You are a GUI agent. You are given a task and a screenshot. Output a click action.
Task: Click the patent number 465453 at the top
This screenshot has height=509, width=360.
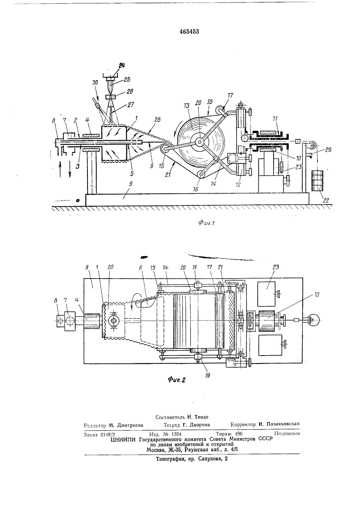pyautogui.click(x=189, y=32)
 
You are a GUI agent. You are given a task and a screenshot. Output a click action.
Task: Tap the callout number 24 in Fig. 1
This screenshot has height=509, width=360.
pyautogui.click(x=122, y=66)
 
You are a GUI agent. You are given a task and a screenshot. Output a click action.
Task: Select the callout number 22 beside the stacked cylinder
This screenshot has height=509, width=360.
pyautogui.click(x=326, y=201)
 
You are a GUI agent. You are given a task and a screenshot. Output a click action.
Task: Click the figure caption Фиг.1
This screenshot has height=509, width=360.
pyautogui.click(x=207, y=223)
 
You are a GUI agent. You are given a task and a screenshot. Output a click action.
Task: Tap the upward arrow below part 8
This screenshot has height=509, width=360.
pyautogui.click(x=60, y=168)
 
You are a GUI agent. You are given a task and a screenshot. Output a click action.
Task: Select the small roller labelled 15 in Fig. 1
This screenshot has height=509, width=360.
pyautogui.click(x=164, y=149)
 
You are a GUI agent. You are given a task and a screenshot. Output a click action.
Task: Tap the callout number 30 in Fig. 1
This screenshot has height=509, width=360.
pyautogui.click(x=95, y=82)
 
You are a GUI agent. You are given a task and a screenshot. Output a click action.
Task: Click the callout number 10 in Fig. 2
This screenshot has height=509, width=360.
pyautogui.click(x=316, y=295)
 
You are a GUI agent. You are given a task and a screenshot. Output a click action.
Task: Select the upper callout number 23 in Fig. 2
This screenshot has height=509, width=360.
pyautogui.click(x=276, y=267)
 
